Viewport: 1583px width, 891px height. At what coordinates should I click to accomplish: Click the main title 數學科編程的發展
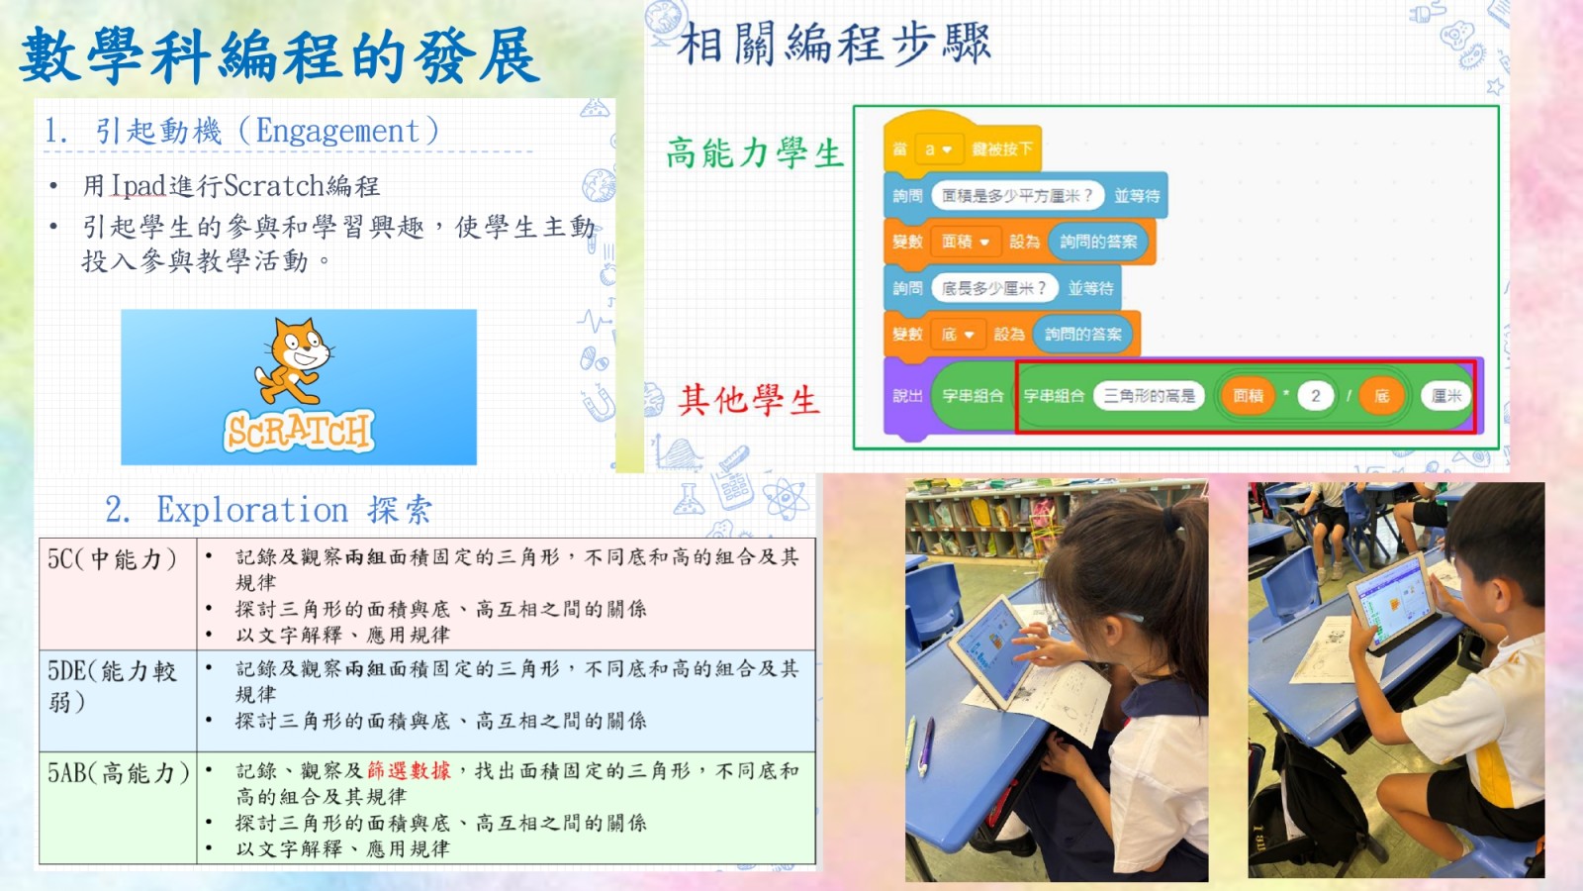(x=279, y=56)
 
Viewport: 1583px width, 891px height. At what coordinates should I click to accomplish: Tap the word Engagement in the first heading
(x=337, y=131)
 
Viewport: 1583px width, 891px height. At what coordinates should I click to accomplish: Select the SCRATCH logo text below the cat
(x=298, y=430)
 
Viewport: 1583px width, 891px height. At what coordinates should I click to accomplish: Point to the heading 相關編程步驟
(x=834, y=44)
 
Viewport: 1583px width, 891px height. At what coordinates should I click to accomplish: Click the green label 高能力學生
(x=755, y=152)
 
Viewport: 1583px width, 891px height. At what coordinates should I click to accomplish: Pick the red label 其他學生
(x=749, y=400)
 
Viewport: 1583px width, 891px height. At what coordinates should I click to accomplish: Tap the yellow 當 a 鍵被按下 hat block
(x=962, y=145)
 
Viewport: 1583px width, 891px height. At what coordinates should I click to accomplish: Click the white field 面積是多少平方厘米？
(x=1018, y=195)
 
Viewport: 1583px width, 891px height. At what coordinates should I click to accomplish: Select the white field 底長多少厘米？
(x=994, y=288)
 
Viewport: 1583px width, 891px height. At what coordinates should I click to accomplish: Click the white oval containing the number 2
(x=1315, y=395)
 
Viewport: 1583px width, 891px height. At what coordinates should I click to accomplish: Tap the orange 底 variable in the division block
(x=1381, y=395)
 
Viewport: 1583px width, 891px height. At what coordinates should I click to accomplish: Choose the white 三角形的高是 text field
(x=1149, y=395)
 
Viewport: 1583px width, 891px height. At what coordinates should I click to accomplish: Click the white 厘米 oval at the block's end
(x=1445, y=395)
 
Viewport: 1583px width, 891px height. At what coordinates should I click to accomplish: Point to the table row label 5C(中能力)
(x=112, y=559)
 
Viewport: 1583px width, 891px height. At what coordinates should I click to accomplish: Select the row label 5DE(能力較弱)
(x=112, y=686)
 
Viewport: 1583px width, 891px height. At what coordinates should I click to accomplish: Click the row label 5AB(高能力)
(x=118, y=773)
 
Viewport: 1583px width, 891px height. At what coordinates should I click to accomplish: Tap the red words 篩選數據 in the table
(x=409, y=770)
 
